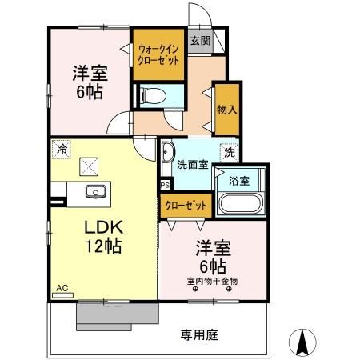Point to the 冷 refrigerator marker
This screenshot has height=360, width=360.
click(61, 148)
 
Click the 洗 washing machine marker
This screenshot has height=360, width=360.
click(229, 151)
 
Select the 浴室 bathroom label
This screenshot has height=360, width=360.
click(239, 181)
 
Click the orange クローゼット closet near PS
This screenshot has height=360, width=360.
click(186, 206)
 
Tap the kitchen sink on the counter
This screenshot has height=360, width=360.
click(95, 192)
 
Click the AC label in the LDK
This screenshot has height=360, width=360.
click(62, 286)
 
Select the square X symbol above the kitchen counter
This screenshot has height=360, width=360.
click(88, 167)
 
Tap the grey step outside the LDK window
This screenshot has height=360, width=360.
click(102, 315)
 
